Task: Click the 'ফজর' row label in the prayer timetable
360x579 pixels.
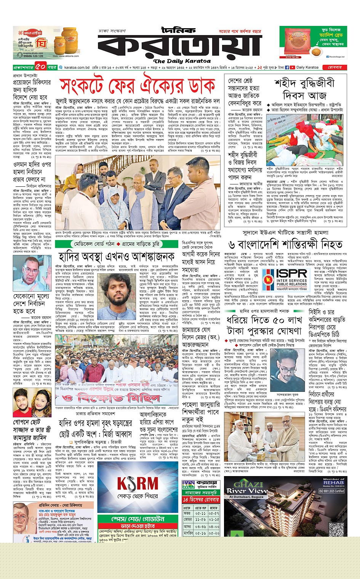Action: (x=187, y=513)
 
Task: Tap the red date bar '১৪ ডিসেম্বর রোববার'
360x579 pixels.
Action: (x=201, y=499)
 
